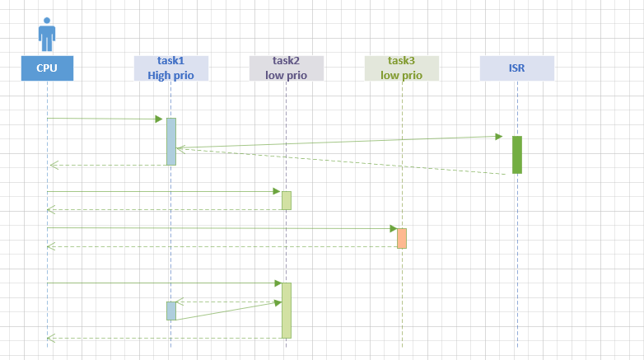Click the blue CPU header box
tap(47, 68)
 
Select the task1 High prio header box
tap(171, 68)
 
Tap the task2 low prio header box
tap(287, 68)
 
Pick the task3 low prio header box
tap(402, 68)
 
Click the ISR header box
tap(517, 68)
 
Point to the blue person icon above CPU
tap(47, 34)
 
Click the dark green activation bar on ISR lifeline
tap(517, 154)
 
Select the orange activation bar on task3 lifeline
tap(402, 237)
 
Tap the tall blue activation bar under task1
tap(171, 141)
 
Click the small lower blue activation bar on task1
tap(171, 311)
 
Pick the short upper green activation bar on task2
tap(287, 200)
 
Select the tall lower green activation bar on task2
tap(287, 310)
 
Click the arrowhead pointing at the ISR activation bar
tap(499, 135)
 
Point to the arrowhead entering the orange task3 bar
tap(393, 228)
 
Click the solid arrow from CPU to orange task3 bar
tap(222, 228)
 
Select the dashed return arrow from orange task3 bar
tap(222, 246)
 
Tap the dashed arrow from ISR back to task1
tap(346, 161)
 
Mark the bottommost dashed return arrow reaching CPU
tap(165, 338)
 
